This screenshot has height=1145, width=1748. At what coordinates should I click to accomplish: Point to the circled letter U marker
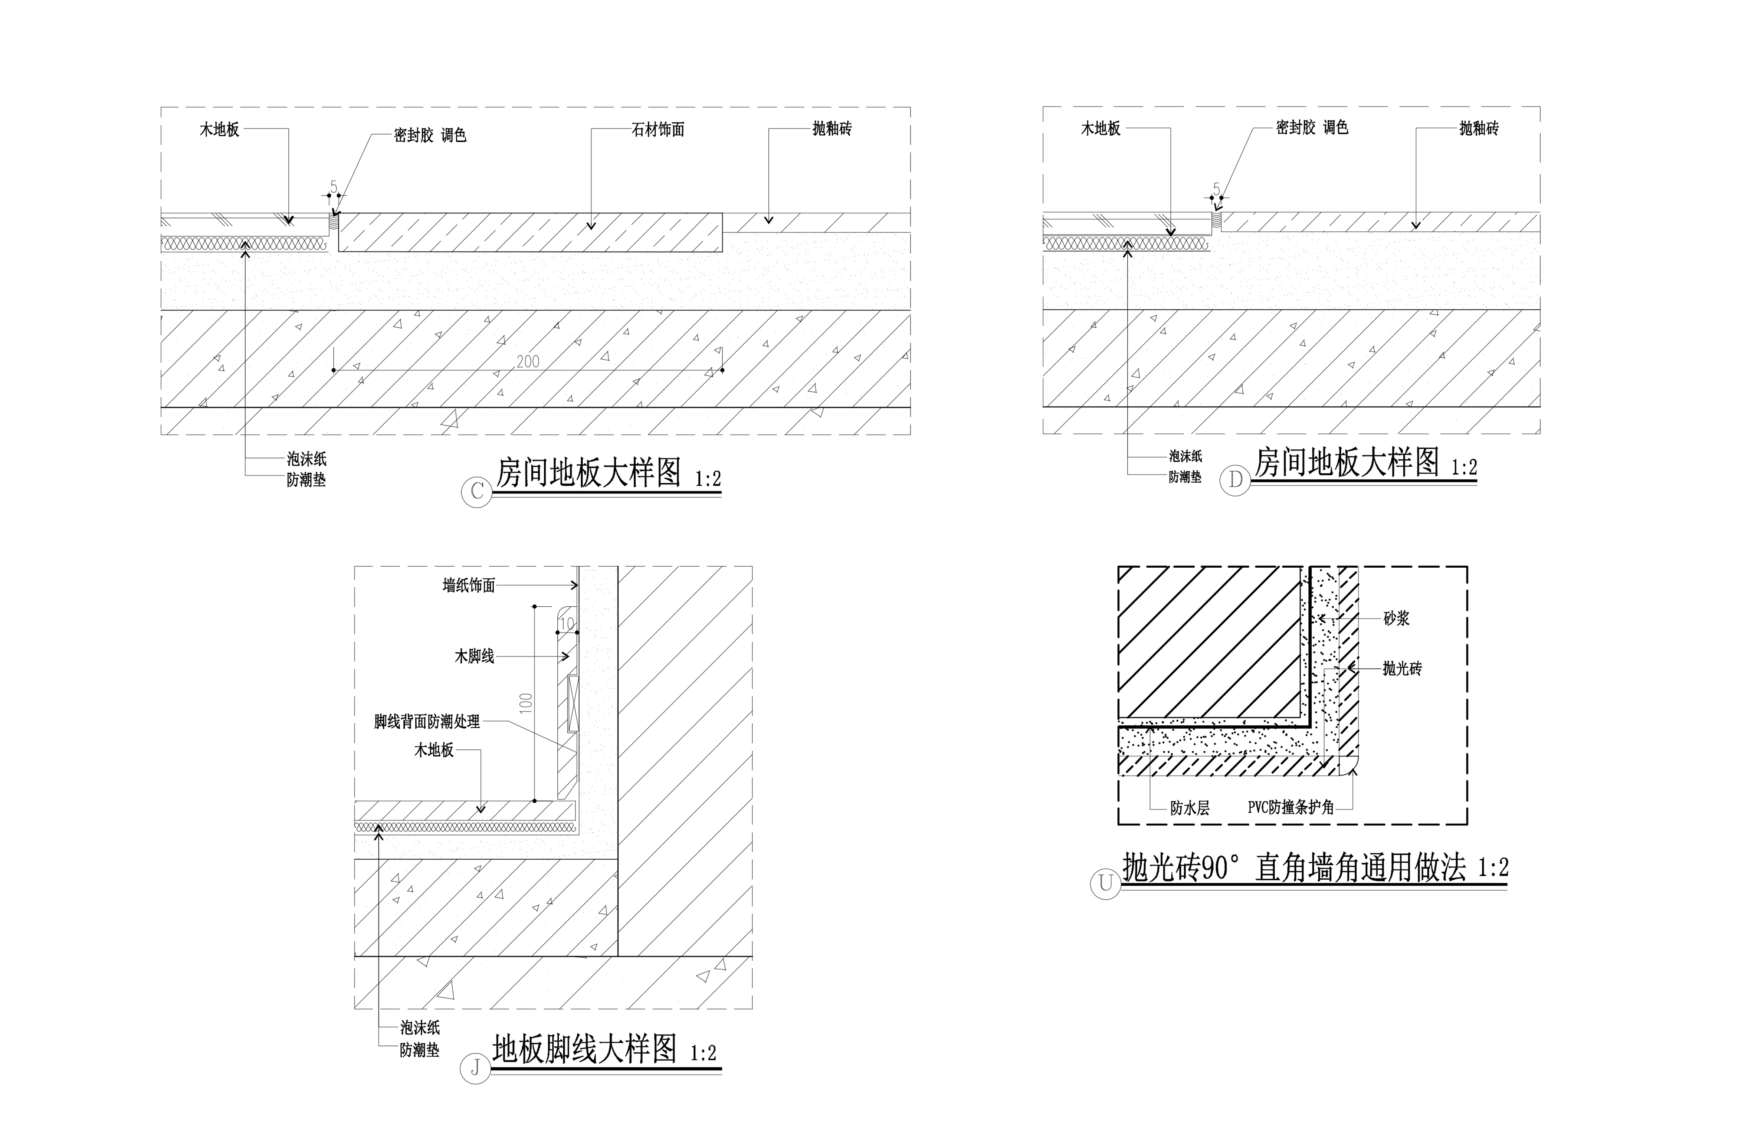click(x=1105, y=883)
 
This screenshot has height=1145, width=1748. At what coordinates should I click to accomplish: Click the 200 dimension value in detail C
click(x=527, y=361)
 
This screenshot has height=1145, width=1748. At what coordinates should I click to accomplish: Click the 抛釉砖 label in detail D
click(x=1479, y=128)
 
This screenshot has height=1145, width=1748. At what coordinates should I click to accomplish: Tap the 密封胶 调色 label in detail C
click(x=430, y=135)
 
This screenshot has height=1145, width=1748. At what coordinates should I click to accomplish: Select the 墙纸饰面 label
click(x=469, y=585)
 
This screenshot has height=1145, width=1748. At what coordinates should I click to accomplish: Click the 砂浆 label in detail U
click(x=1396, y=619)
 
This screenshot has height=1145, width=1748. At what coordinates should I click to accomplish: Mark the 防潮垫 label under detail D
click(x=1185, y=478)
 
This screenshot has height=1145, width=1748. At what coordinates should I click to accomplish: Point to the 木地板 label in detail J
click(x=433, y=750)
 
